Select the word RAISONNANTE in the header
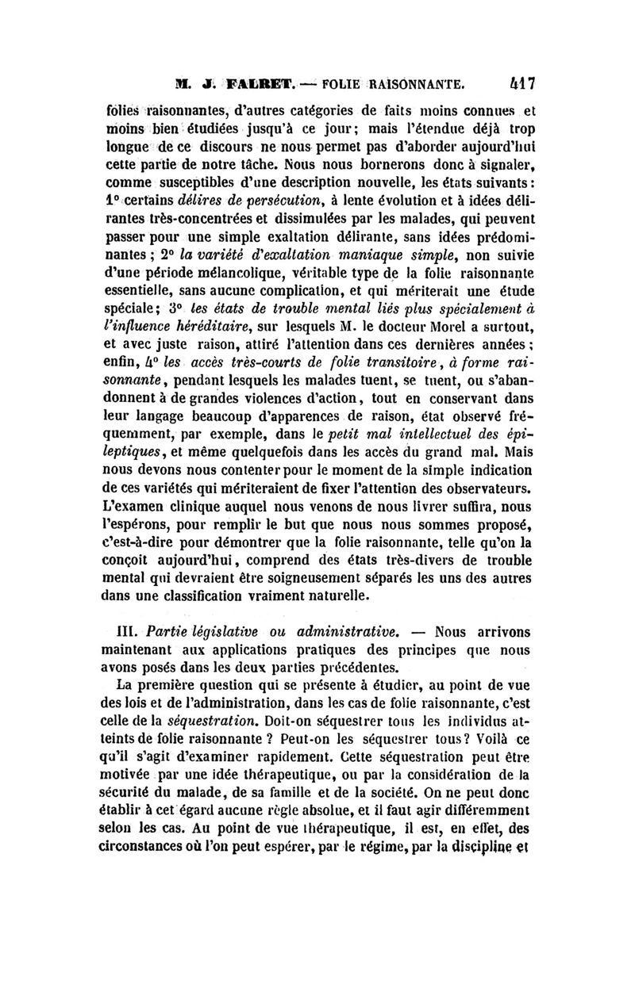(417, 81)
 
